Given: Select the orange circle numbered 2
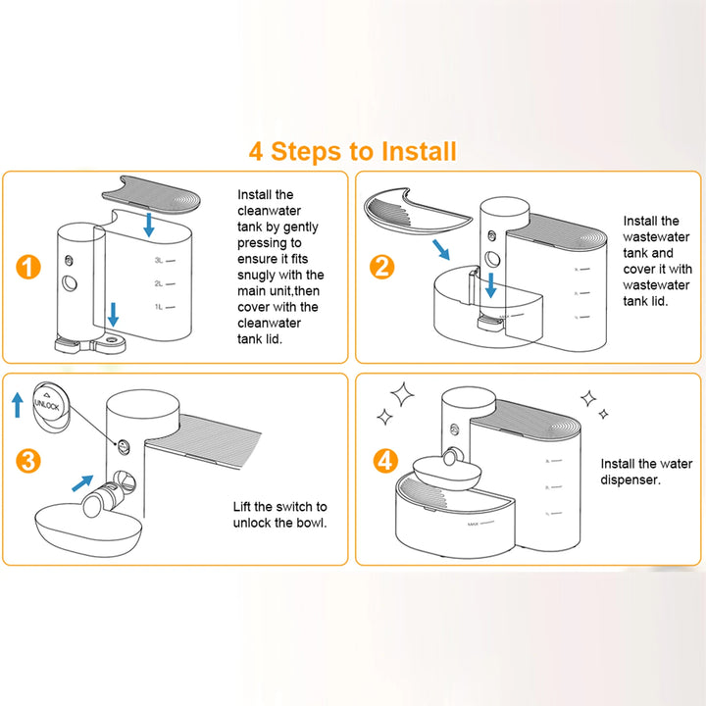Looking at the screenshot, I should (382, 266).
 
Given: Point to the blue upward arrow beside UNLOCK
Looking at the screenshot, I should (18, 403).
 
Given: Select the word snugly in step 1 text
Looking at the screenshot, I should (260, 275).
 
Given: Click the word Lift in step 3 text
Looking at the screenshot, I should (244, 507).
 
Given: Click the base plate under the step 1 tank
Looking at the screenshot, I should (93, 344).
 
